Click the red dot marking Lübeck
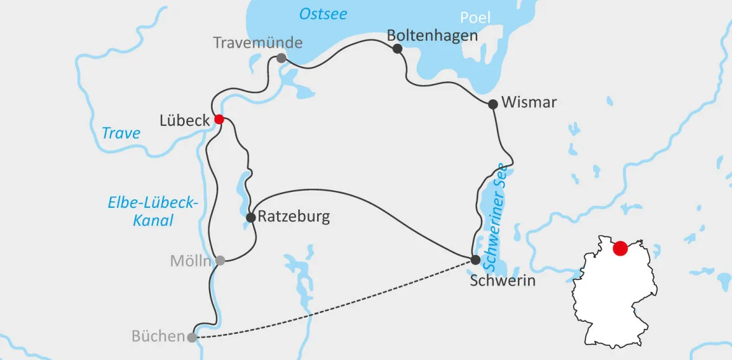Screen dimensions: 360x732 tap(219, 119)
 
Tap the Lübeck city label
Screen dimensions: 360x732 tap(184, 120)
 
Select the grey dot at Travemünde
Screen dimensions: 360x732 tap(282, 58)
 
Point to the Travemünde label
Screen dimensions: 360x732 tap(257, 43)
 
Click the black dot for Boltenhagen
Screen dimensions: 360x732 tap(398, 48)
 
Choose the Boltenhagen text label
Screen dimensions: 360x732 tap(432, 35)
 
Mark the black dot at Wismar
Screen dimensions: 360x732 tap(493, 104)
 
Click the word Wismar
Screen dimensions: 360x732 tap(529, 102)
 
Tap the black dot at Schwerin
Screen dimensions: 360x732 tap(475, 259)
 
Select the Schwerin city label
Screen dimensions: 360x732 tap(502, 281)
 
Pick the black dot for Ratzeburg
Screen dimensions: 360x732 tap(251, 217)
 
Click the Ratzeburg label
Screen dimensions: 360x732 tap(293, 217)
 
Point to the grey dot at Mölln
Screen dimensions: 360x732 tap(220, 261)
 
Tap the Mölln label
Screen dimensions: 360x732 tap(190, 261)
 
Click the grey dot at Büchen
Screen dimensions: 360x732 tap(192, 338)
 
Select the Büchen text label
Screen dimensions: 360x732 tap(158, 336)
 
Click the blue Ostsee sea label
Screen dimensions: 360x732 tap(323, 14)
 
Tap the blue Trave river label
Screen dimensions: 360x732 tap(121, 133)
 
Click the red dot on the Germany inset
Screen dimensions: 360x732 tap(620, 249)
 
